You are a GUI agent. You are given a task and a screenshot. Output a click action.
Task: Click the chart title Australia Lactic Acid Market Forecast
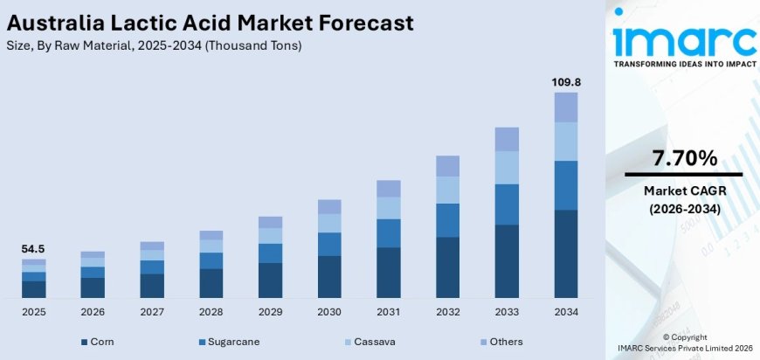210,22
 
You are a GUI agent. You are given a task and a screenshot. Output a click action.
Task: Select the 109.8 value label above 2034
566,81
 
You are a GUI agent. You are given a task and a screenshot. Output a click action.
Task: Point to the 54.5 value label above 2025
33,249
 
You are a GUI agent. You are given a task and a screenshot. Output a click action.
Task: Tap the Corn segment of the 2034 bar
566,254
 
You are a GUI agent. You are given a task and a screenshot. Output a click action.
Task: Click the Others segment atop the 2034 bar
566,107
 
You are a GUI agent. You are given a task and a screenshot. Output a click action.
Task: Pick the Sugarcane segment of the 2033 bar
507,204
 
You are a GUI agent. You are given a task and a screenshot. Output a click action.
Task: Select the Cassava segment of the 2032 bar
447,190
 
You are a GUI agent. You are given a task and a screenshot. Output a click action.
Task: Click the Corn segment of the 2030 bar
329,277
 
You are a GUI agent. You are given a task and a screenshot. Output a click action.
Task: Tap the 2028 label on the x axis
211,311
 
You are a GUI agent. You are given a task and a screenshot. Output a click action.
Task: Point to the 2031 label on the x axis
388,311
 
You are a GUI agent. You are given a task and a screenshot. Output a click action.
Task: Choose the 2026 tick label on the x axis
93,311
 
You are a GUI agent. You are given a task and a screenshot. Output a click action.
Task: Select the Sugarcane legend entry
230,342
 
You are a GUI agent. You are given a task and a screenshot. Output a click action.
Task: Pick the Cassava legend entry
373,342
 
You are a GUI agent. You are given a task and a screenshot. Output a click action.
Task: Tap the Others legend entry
508,342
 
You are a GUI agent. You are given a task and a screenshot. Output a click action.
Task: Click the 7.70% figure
684,158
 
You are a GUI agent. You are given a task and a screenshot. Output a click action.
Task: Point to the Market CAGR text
684,190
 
